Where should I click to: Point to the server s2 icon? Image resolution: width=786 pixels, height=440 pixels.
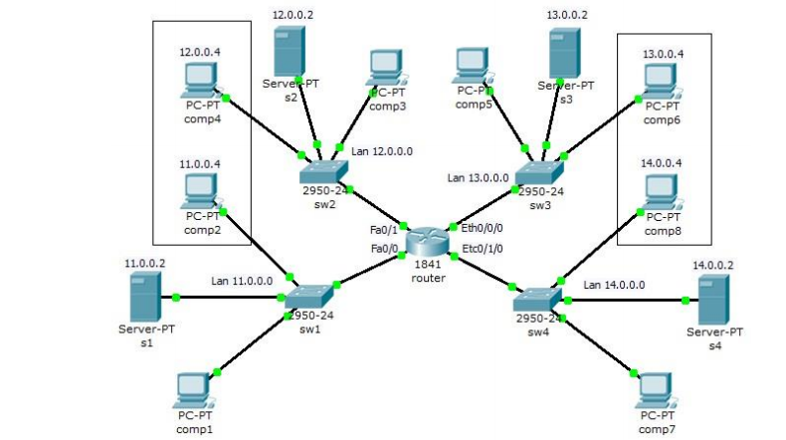(x=289, y=49)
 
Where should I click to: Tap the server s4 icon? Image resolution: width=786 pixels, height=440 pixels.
(x=712, y=299)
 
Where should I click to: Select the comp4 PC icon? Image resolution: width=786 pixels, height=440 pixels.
(x=202, y=79)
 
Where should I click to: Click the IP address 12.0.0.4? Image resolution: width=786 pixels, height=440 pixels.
(x=200, y=50)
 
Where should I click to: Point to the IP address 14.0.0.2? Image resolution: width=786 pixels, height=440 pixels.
(x=712, y=266)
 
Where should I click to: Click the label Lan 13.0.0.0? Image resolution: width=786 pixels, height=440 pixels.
(x=478, y=178)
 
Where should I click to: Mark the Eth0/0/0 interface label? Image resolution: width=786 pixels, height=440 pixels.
(x=483, y=228)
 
